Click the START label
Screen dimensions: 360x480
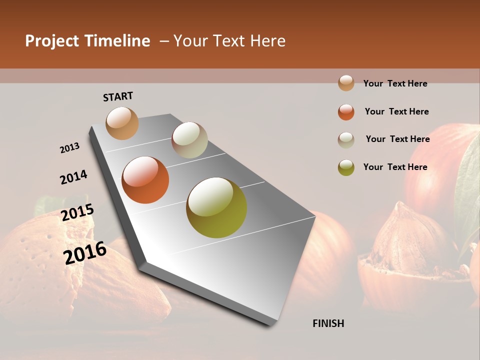tap(118, 96)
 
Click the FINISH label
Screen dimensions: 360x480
tap(328, 323)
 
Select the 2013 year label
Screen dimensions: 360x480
tap(70, 148)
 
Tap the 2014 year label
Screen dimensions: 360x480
tap(73, 177)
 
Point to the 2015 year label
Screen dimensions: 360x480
tap(77, 213)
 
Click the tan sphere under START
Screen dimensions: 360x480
tap(122, 123)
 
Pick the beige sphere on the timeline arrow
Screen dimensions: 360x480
tap(189, 140)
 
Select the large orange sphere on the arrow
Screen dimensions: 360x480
tap(145, 180)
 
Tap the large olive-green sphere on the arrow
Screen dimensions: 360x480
tap(216, 207)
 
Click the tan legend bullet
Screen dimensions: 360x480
tap(346, 83)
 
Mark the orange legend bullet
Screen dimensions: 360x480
tap(346, 112)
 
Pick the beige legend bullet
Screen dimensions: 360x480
tap(346, 139)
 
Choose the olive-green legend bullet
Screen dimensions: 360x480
tap(346, 167)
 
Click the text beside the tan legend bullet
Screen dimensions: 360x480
tap(395, 83)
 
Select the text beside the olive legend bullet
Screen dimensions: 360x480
tap(395, 167)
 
